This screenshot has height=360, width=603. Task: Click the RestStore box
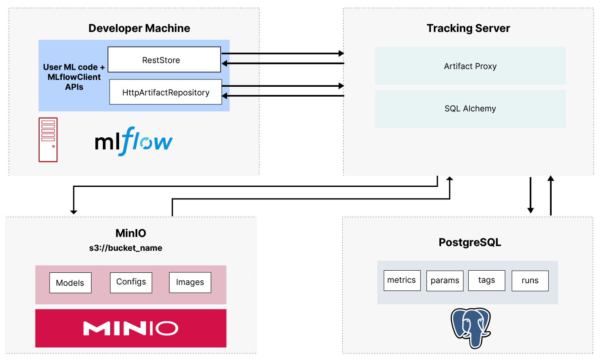tap(164, 60)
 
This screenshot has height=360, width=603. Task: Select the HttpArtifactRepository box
tap(165, 92)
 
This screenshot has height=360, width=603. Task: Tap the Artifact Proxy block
tap(470, 66)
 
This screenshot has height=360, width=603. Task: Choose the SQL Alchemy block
tap(470, 109)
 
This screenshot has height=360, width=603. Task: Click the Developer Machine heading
tap(139, 28)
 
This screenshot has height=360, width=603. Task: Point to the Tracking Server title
tap(468, 28)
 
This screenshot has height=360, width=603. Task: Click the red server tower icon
tap(48, 139)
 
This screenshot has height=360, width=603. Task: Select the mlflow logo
tap(134, 141)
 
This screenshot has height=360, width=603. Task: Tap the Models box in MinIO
tap(70, 283)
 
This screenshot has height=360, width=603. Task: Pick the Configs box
tap(131, 282)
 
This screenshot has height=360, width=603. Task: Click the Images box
tap(190, 282)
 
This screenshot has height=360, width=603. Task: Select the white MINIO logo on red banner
tap(131, 328)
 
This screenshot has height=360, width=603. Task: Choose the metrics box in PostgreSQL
tap(401, 280)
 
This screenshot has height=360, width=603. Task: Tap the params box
tap(445, 281)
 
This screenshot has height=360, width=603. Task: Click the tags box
tap(486, 280)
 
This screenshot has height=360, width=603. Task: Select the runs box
tap(530, 281)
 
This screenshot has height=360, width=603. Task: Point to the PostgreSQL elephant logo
tap(470, 327)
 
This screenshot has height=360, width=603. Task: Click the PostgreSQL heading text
tap(470, 242)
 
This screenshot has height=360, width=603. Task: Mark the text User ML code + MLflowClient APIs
tap(74, 77)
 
